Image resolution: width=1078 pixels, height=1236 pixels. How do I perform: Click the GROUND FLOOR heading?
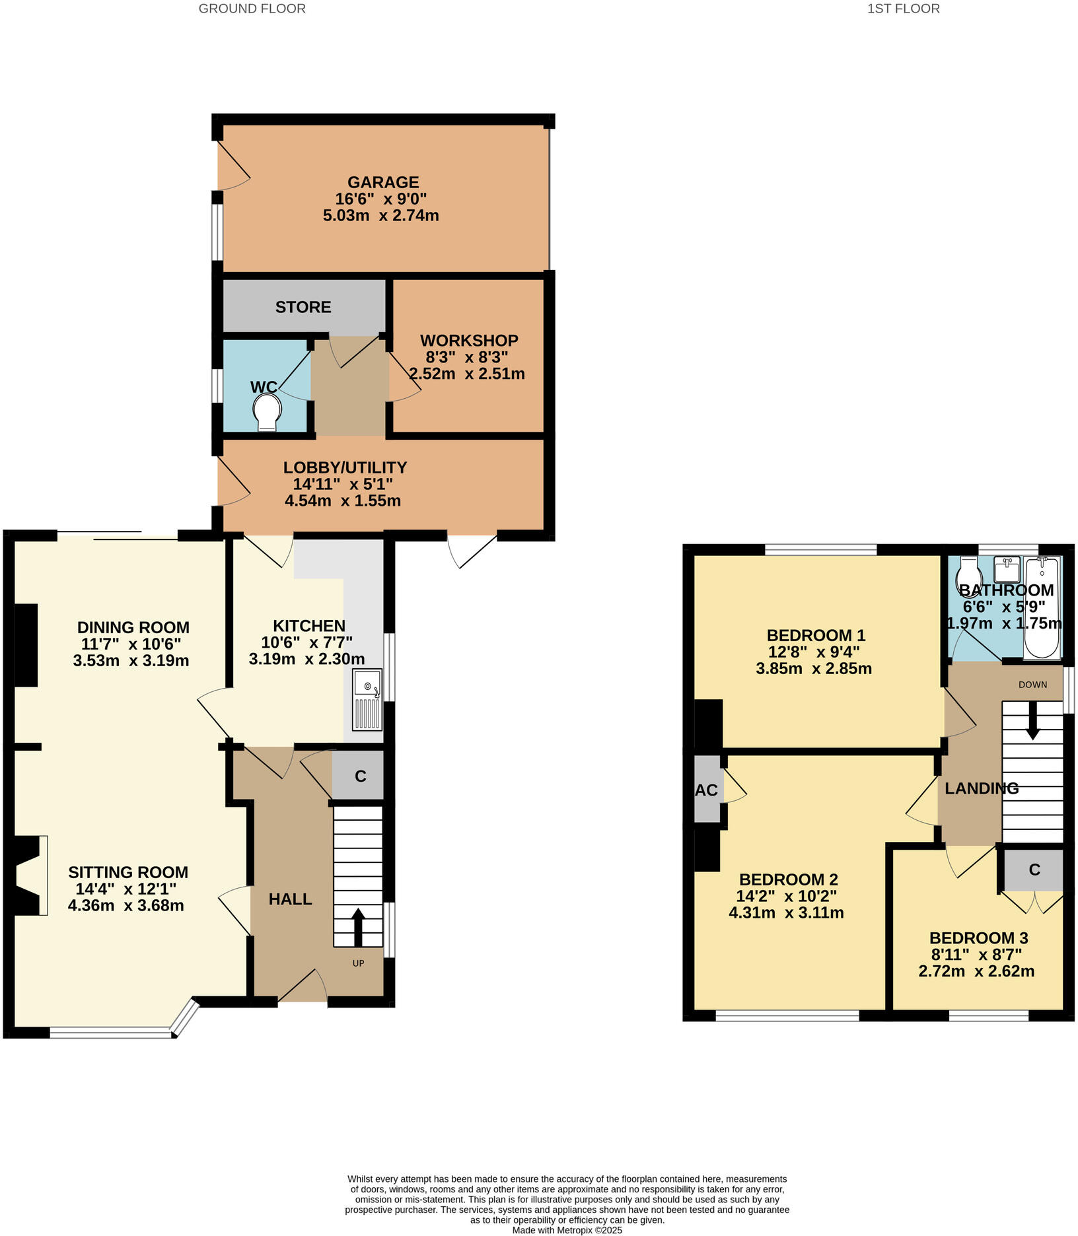point(252,9)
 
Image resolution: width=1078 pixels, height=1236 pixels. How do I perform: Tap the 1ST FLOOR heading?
point(903,9)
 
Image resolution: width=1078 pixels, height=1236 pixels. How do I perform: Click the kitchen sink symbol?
point(367,699)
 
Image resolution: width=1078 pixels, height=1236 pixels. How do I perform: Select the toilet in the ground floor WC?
point(267,411)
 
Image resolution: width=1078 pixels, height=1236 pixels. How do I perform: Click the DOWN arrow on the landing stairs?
point(1032,720)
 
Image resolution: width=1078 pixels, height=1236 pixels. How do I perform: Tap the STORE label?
point(303,307)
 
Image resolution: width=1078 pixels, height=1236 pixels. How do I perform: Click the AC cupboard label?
point(706,790)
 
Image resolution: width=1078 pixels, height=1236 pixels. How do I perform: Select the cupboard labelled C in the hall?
point(360,776)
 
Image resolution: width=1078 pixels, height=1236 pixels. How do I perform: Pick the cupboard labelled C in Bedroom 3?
point(1034,870)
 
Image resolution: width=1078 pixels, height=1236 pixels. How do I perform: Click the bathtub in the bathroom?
point(1042,607)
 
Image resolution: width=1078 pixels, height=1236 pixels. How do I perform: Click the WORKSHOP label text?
point(469,341)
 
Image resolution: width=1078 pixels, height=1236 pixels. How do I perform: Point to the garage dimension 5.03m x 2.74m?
point(380,216)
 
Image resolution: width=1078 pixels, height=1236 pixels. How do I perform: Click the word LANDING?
point(981,788)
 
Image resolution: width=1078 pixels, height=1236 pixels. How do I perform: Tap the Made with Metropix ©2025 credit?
point(567,1230)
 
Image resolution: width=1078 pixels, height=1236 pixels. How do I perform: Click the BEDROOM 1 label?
point(816,636)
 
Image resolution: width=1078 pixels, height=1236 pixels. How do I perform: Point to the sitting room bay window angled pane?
point(186,1015)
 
